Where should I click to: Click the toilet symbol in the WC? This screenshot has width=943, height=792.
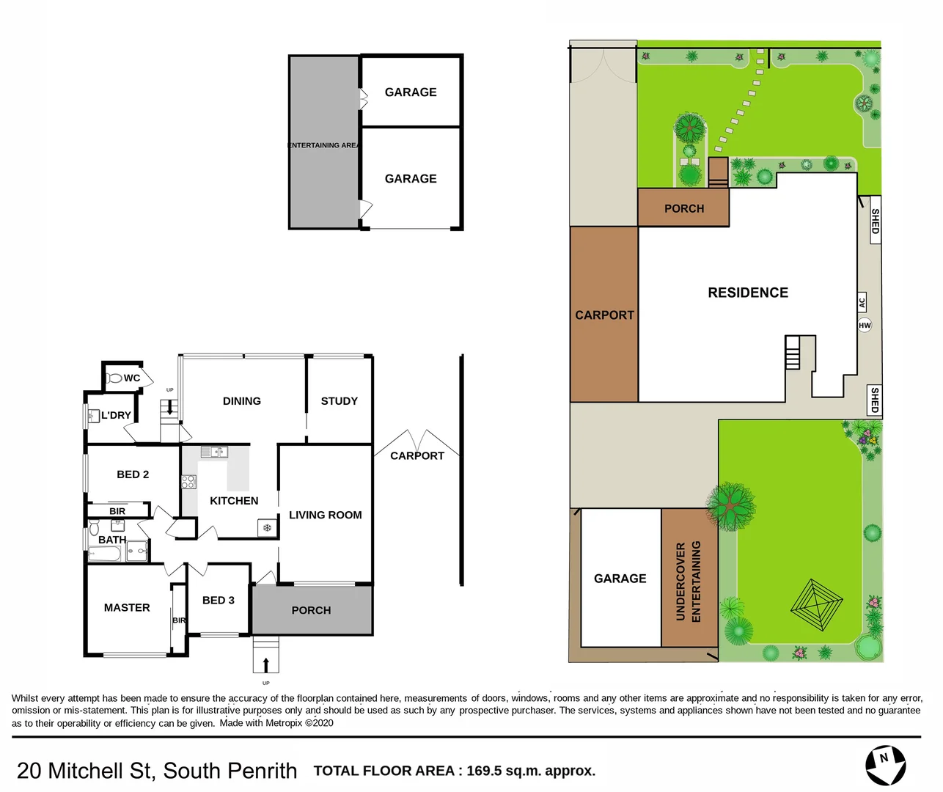tap(114, 378)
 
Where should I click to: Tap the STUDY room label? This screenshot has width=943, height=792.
tap(339, 401)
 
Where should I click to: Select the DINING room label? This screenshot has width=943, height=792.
tap(241, 401)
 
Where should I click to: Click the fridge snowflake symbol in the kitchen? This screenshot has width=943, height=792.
tap(267, 527)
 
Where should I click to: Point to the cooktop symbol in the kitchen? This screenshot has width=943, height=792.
tap(188, 482)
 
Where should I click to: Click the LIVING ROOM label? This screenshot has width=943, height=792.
tap(325, 515)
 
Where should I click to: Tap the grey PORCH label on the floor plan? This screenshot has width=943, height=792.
tap(311, 610)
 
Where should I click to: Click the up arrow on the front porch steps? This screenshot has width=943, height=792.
tap(265, 664)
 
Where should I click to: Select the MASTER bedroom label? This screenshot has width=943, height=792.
tap(127, 607)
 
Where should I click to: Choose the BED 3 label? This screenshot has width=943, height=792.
tap(218, 600)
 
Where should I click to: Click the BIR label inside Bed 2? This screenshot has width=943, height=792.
tap(117, 511)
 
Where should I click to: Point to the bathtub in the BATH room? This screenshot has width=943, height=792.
tap(105, 554)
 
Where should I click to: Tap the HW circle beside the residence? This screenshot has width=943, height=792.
tap(865, 325)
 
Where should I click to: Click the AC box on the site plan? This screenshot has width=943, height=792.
tap(862, 302)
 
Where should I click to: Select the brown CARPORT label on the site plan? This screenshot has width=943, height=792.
tap(604, 315)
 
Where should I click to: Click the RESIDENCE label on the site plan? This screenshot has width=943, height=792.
tap(748, 293)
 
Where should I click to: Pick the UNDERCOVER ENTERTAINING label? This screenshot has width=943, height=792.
tap(689, 581)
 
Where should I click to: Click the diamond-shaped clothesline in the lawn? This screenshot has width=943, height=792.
tap(816, 605)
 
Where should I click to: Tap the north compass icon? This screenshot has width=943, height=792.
tap(885, 764)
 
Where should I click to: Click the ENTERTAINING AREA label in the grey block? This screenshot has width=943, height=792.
tap(323, 145)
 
